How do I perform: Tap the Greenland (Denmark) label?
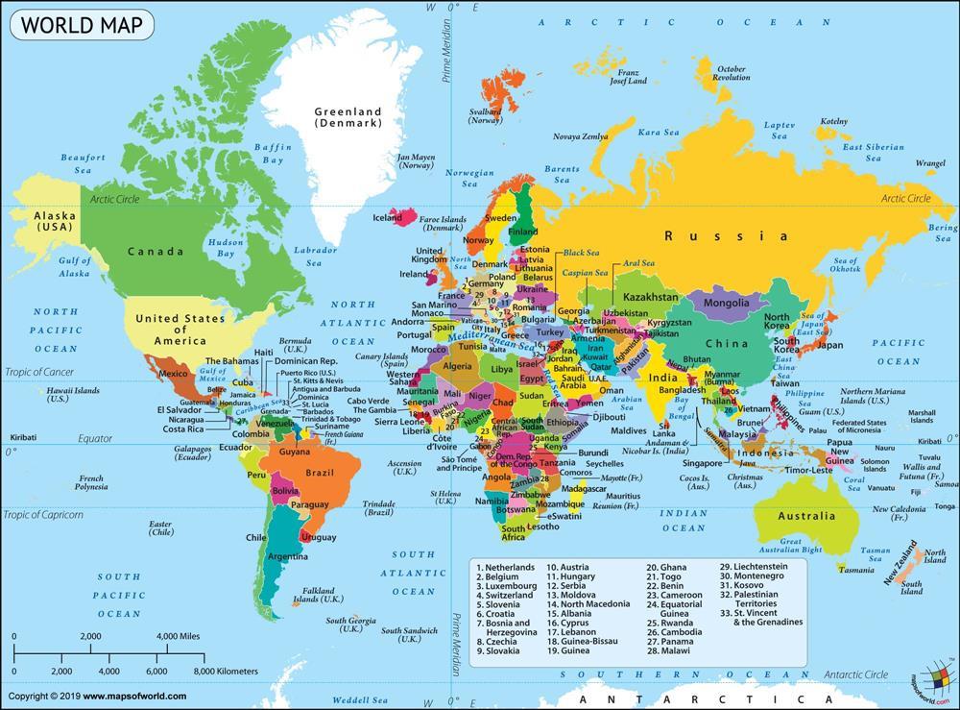click(x=348, y=117)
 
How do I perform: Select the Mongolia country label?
click(x=726, y=304)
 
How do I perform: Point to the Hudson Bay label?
click(x=226, y=249)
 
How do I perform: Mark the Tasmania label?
click(x=856, y=570)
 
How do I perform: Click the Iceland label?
click(x=387, y=218)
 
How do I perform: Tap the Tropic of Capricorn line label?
click(x=43, y=515)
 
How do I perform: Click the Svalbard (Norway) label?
click(x=486, y=116)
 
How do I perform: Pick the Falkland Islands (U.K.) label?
click(x=319, y=595)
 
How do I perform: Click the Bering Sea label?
click(x=942, y=233)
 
